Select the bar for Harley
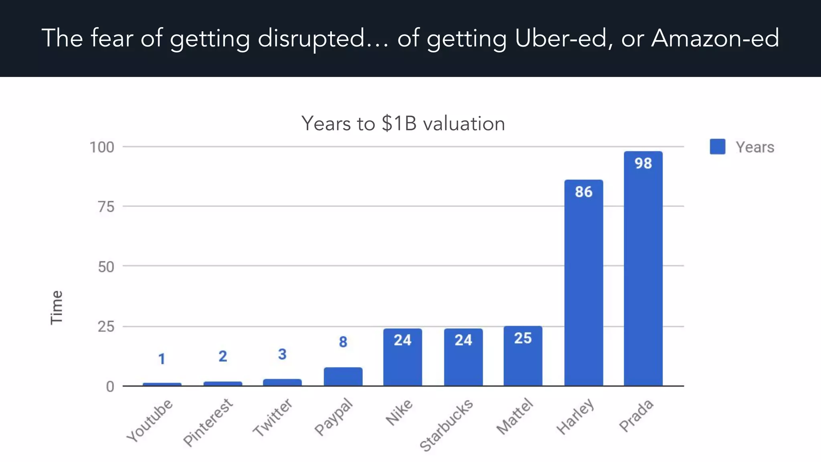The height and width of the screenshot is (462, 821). coord(584,289)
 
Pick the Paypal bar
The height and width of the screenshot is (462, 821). coord(343,377)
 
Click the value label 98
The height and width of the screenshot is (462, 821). coord(643,163)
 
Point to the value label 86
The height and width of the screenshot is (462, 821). coord(584,192)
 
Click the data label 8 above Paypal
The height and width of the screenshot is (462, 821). coord(343,342)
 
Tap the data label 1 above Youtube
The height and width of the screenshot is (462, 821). coord(162,359)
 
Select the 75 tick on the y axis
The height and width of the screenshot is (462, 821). coord(106,207)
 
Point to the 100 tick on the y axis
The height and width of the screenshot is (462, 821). coord(102,147)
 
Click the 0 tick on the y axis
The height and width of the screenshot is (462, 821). coord(110,387)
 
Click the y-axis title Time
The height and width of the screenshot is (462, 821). coord(57,307)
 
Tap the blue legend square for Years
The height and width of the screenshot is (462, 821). coord(717,147)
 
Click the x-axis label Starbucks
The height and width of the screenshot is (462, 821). coord(446,425)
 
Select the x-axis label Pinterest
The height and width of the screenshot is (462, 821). coord(208,422)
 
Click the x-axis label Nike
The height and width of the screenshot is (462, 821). coord(399,412)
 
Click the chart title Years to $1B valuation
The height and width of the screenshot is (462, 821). coord(403,124)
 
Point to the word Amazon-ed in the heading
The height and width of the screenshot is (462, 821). coord(715,38)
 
